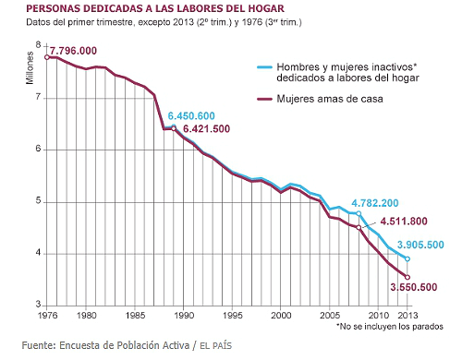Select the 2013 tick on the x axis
pyautogui.click(x=407, y=315)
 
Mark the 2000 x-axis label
pyautogui.click(x=277, y=315)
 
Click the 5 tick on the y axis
pyautogui.click(x=37, y=201)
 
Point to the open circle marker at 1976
pyautogui.click(x=46, y=57)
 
